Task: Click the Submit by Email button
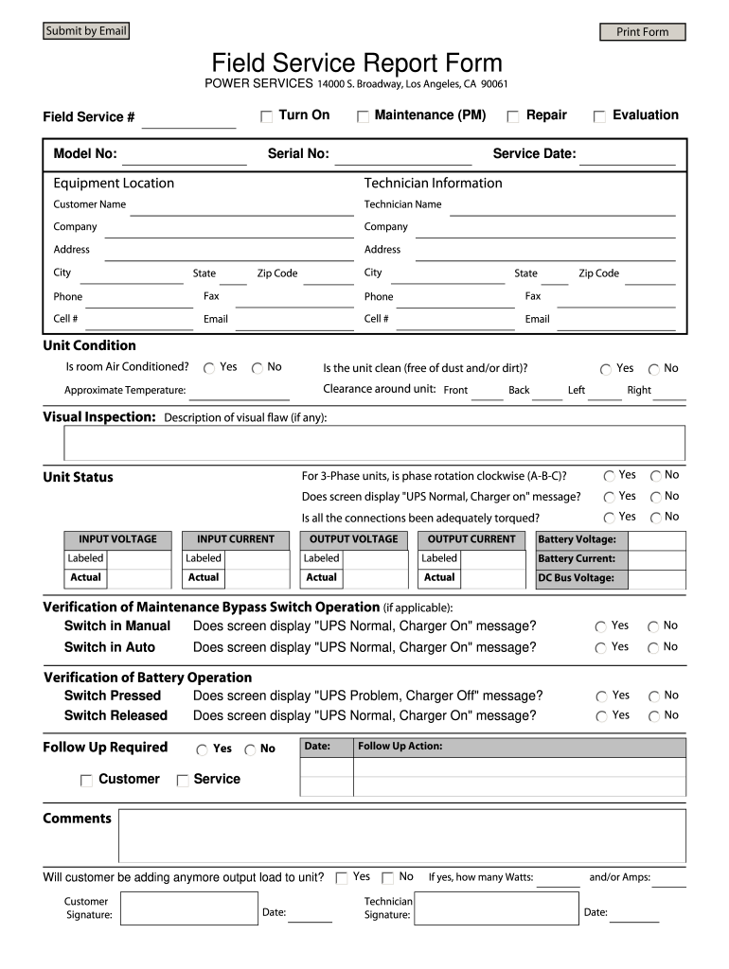[85, 31]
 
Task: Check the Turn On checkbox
[267, 116]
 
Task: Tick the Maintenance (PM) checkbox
[363, 116]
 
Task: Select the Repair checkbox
[513, 116]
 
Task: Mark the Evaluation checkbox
[599, 116]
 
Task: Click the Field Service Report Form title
[357, 63]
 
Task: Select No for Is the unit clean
[654, 369]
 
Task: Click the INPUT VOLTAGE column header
[117, 539]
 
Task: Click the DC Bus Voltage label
[576, 578]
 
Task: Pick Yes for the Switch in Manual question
[601, 626]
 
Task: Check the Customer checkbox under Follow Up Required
[86, 781]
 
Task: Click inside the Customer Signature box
[189, 908]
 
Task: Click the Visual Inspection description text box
[374, 443]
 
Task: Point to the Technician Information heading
[433, 183]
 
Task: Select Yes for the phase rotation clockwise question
[610, 476]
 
